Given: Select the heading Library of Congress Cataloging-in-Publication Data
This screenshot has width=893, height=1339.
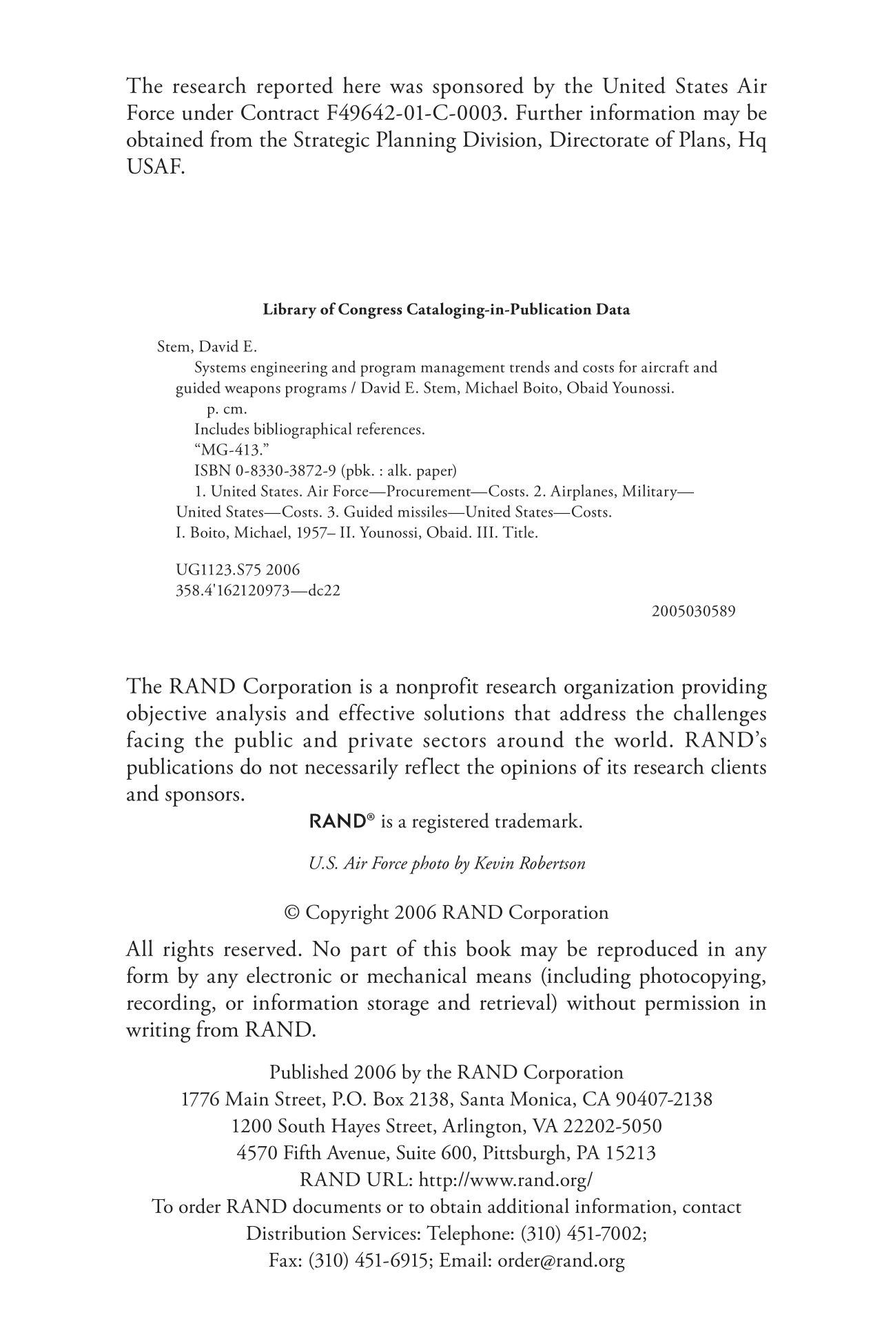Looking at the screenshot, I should click(x=446, y=309).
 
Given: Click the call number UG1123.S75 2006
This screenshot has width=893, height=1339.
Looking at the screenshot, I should click(x=238, y=570).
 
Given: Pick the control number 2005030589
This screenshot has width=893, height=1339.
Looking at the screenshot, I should click(x=693, y=611).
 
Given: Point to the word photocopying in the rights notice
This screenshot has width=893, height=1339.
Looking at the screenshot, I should click(x=702, y=977).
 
